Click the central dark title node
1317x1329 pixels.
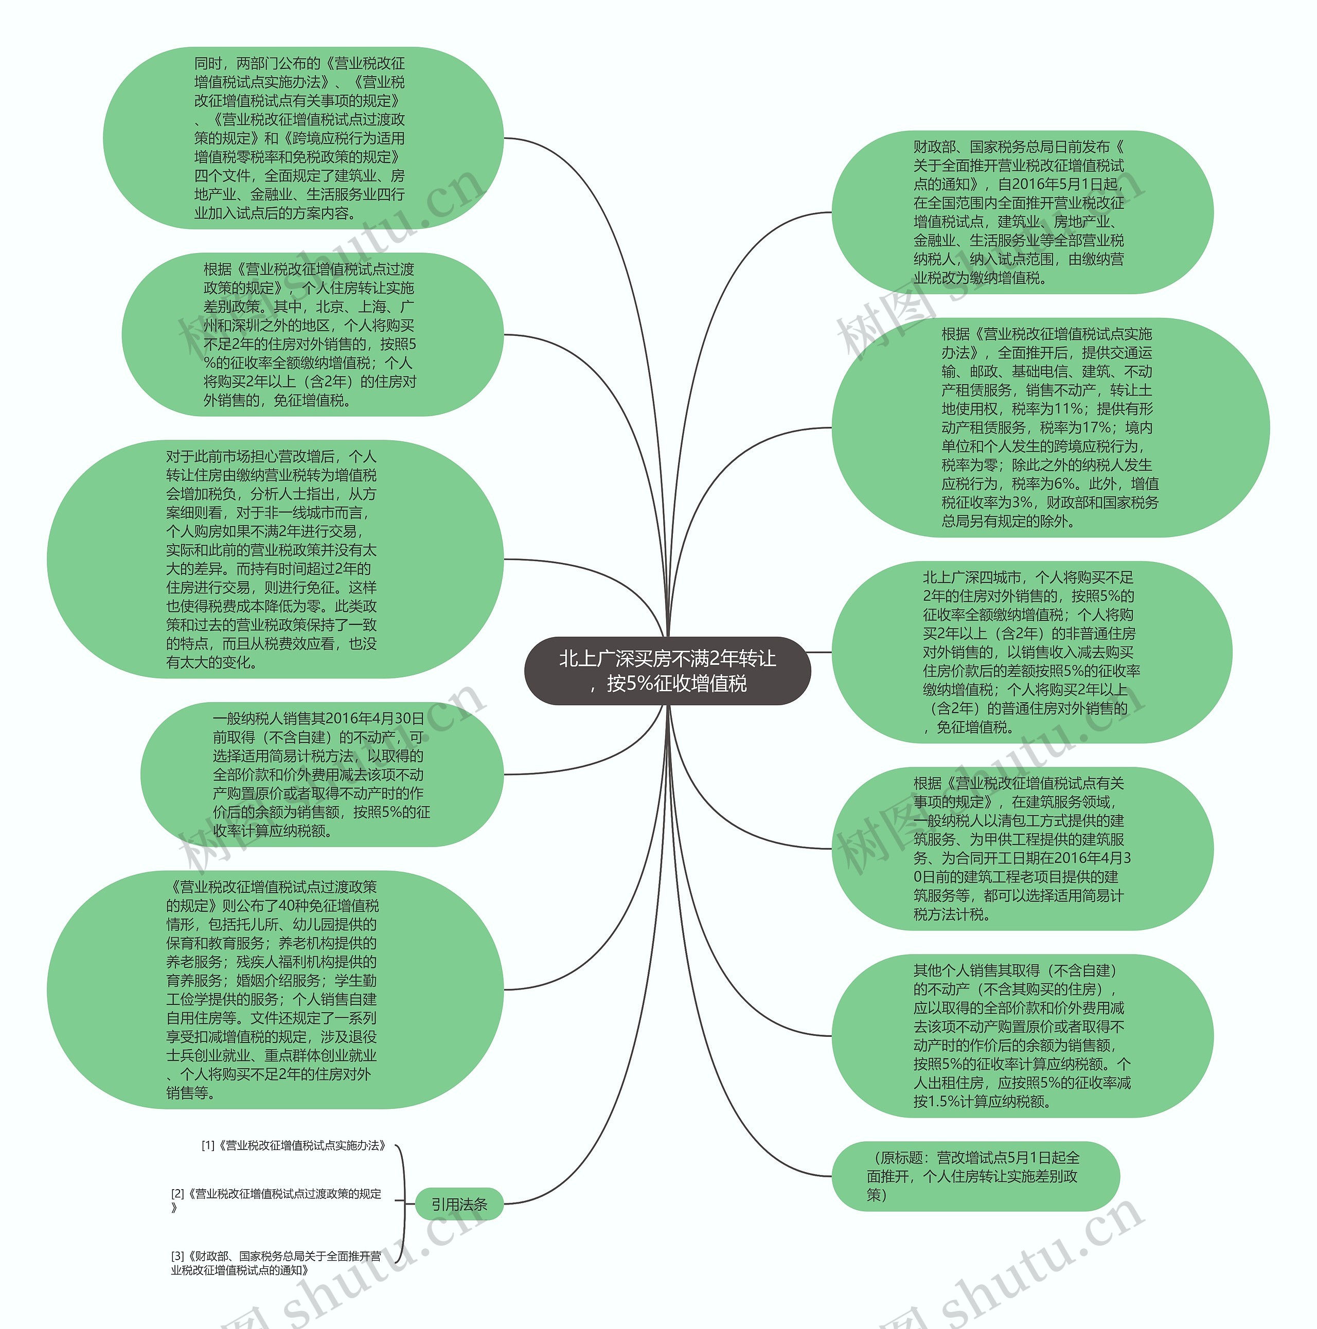(667, 671)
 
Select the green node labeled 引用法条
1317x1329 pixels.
(459, 1204)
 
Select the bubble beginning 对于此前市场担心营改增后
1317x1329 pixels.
(275, 559)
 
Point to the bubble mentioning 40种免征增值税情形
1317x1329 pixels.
(275, 989)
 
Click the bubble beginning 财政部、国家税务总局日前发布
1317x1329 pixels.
(1022, 212)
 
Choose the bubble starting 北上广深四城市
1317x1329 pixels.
(1031, 652)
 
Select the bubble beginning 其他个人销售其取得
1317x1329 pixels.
(1022, 1035)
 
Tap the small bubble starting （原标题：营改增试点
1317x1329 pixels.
(974, 1176)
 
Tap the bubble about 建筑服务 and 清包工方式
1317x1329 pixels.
(1022, 848)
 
